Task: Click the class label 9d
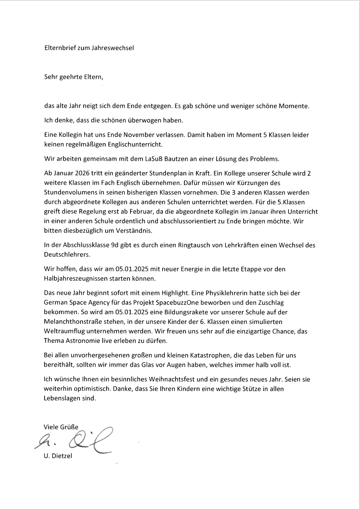point(115,245)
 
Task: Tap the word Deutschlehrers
point(67,255)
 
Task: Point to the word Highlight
point(174,293)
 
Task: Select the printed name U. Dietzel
point(58,456)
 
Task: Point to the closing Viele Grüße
point(61,427)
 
